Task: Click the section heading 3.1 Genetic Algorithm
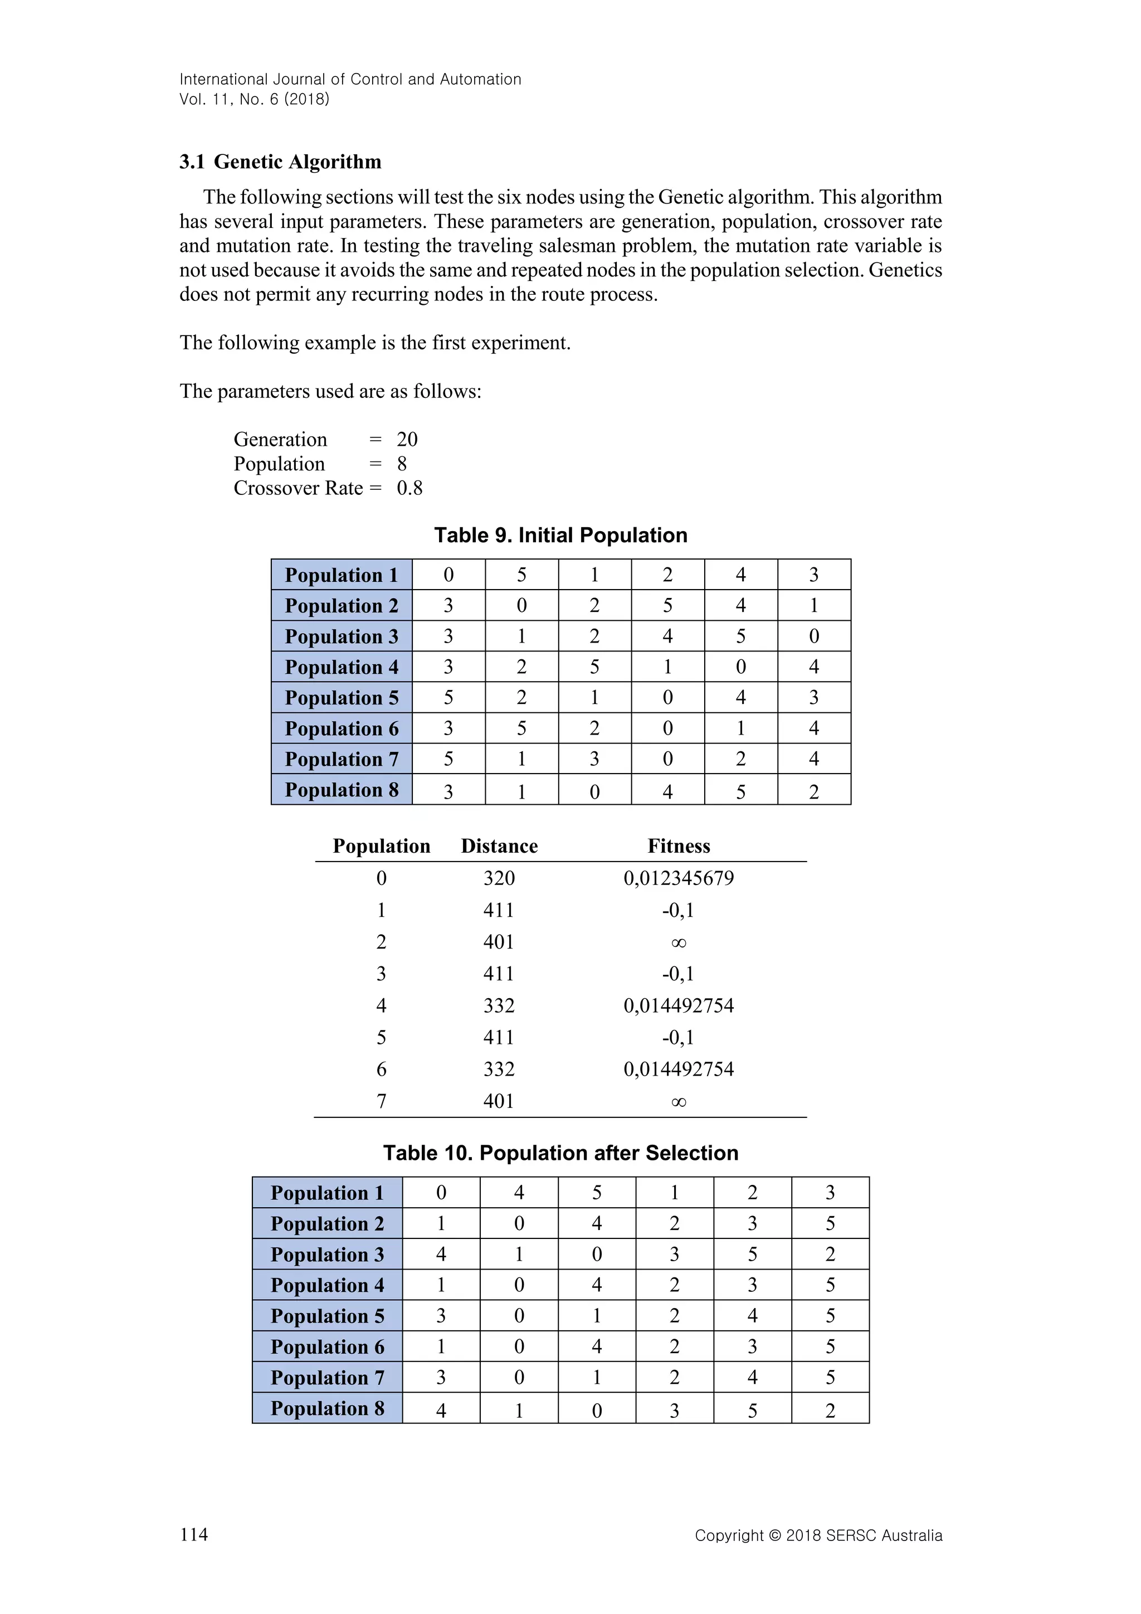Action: click(x=280, y=162)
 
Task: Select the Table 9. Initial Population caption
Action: click(x=560, y=536)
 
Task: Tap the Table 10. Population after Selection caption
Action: click(x=560, y=1153)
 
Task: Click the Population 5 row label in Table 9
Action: click(x=342, y=698)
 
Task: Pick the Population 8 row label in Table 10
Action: click(x=328, y=1409)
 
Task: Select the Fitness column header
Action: click(x=678, y=847)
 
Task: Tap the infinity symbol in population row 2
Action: click(x=678, y=942)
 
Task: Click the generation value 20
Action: click(x=407, y=440)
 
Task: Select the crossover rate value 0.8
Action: click(x=409, y=489)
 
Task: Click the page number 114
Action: click(x=194, y=1534)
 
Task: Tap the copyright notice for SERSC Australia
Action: click(x=818, y=1535)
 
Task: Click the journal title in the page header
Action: click(x=350, y=80)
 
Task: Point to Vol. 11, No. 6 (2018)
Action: click(x=255, y=99)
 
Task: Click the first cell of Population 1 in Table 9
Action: click(x=448, y=575)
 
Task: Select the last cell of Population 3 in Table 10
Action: click(x=830, y=1254)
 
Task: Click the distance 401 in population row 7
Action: click(x=499, y=1101)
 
